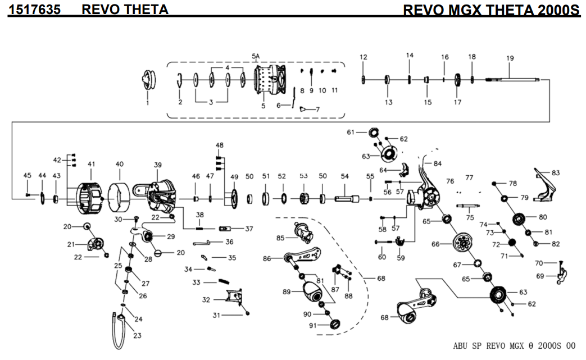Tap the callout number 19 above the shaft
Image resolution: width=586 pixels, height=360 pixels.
pyautogui.click(x=510, y=58)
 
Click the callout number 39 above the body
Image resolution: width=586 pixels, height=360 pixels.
pyautogui.click(x=158, y=165)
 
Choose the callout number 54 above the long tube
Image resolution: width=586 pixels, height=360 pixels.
pyautogui.click(x=345, y=176)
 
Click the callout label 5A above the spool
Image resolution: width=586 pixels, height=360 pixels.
pyautogui.click(x=256, y=56)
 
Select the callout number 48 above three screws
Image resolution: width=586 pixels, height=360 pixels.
pyautogui.click(x=219, y=145)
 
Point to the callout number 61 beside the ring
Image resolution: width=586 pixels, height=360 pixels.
pyautogui.click(x=351, y=132)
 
